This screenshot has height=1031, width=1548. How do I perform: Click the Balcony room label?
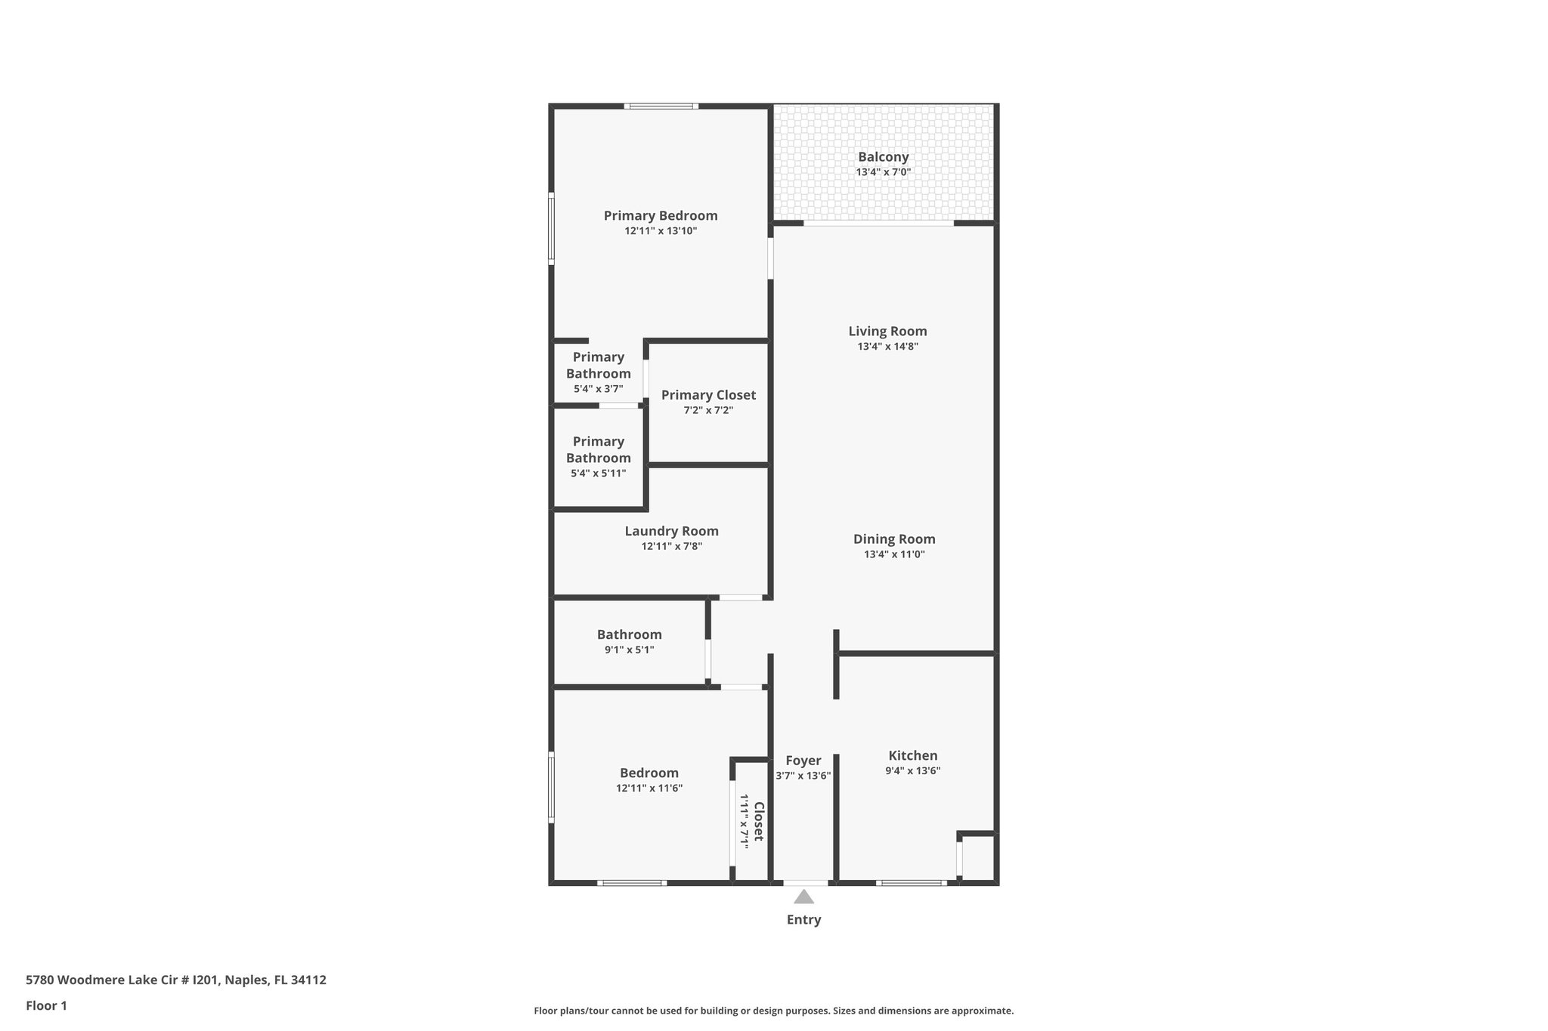pos(883,157)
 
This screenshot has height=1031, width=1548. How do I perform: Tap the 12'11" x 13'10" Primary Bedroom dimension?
pos(660,231)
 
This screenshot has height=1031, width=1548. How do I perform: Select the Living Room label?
pos(887,331)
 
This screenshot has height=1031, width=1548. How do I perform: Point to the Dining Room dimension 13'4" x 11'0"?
pos(894,554)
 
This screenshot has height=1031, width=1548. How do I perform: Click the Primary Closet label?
pos(708,395)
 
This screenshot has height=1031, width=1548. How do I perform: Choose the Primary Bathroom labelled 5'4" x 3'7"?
pos(598,372)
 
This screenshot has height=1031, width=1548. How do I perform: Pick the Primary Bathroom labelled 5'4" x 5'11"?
pos(598,457)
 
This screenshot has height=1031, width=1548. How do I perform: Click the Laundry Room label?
pos(671,531)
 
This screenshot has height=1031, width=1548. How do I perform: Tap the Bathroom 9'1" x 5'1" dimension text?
pos(629,650)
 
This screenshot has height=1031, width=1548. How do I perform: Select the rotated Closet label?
pos(759,821)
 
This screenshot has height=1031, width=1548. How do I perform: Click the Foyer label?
pos(803,761)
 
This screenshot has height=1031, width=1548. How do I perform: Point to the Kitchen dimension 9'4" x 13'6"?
pos(912,771)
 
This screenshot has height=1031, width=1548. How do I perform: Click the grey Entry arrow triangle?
pos(803,897)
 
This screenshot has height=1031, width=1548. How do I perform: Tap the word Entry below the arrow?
pos(803,919)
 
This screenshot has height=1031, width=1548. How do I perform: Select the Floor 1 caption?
pos(46,1005)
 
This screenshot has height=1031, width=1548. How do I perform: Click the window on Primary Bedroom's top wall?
pos(661,106)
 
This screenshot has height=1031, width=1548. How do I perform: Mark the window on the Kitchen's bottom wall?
pos(911,882)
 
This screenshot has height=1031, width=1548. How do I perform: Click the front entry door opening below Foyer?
pos(805,882)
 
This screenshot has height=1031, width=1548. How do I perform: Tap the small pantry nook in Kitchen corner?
pos(977,858)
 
